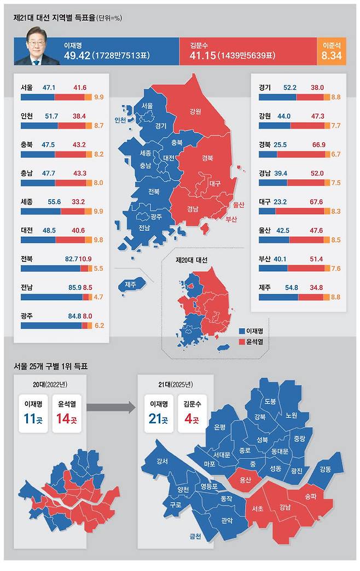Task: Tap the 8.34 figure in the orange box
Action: point(332,56)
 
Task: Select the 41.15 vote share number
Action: point(200,56)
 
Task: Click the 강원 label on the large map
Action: point(195,112)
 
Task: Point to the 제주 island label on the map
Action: point(130,284)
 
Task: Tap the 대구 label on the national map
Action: point(215,184)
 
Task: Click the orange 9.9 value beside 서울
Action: point(98,97)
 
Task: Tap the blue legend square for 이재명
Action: point(241,331)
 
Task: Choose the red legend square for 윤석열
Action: point(241,341)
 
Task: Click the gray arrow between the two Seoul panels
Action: point(111,407)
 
